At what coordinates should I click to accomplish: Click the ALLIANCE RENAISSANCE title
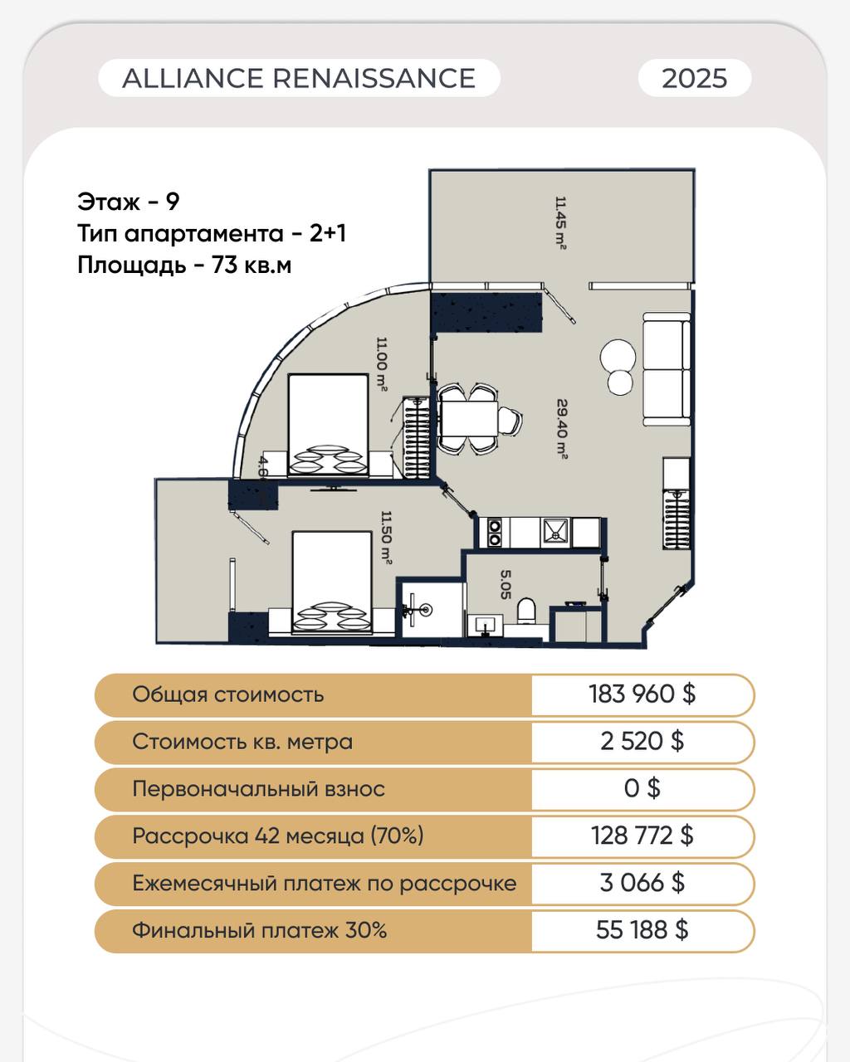(299, 78)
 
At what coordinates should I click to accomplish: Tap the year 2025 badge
(695, 78)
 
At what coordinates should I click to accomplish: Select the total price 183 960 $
(642, 694)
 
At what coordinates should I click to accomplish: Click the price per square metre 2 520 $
(642, 741)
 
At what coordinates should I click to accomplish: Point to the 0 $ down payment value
(642, 788)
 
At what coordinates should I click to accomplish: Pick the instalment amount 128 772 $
(642, 835)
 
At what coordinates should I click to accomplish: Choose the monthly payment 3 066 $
(642, 882)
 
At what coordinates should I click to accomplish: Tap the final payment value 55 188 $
(642, 930)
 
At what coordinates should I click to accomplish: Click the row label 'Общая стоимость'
(227, 694)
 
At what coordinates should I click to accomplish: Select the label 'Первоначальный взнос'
(258, 788)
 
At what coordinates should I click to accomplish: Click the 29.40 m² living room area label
(562, 429)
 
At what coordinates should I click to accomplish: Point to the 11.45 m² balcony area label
(560, 223)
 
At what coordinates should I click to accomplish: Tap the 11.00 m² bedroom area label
(381, 364)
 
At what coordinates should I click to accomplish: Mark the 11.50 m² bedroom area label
(386, 538)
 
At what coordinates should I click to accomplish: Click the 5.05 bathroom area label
(506, 585)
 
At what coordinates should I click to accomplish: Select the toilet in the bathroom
(526, 611)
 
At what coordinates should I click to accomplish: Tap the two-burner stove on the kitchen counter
(494, 533)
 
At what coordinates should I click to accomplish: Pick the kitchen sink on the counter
(556, 533)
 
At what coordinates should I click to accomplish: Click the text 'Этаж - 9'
(128, 202)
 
